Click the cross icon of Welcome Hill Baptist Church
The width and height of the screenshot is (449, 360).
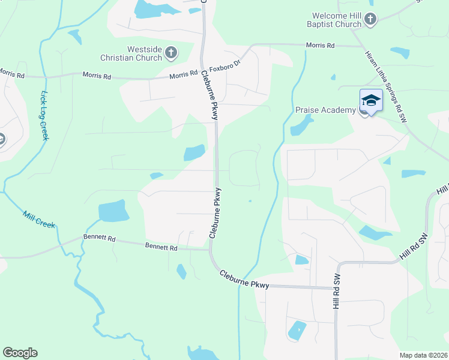(x=370, y=20)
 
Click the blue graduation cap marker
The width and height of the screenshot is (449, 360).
(x=370, y=100)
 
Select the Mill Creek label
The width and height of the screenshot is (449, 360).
(x=39, y=220)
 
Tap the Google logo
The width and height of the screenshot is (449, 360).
(x=20, y=353)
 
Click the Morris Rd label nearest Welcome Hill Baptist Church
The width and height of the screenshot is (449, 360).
(x=320, y=45)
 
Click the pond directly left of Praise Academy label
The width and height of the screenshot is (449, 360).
(x=301, y=125)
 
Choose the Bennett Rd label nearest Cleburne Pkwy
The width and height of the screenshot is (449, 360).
(x=161, y=247)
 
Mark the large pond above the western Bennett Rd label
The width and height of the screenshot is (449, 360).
(x=113, y=211)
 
